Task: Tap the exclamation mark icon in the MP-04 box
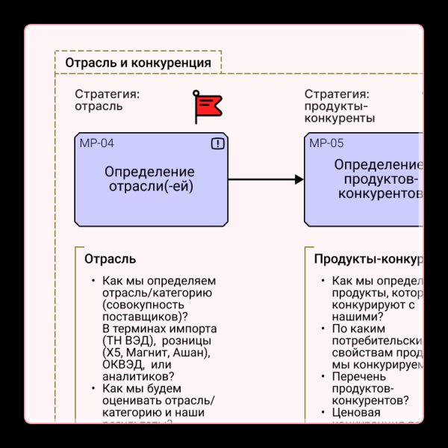pyautogui.click(x=217, y=143)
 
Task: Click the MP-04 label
pyautogui.click(x=97, y=143)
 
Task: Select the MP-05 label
pyautogui.click(x=326, y=143)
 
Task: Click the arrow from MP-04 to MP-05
pyautogui.click(x=265, y=179)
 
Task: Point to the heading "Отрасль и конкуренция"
pyautogui.click(x=138, y=63)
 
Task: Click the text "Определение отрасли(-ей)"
pyautogui.click(x=150, y=179)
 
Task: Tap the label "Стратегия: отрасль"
pyautogui.click(x=107, y=100)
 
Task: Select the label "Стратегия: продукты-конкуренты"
pyautogui.click(x=339, y=106)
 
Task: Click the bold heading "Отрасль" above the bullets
pyautogui.click(x=110, y=259)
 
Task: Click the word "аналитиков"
pyautogui.click(x=138, y=376)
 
